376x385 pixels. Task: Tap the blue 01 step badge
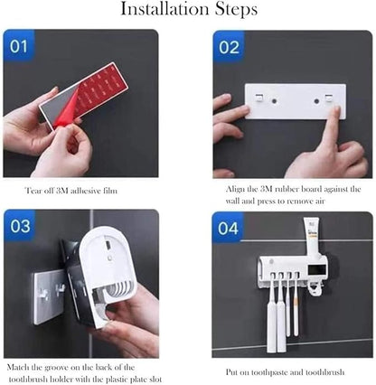[x=18, y=45]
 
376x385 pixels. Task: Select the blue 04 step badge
[x=229, y=228]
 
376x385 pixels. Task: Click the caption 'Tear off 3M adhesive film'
[x=71, y=192]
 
